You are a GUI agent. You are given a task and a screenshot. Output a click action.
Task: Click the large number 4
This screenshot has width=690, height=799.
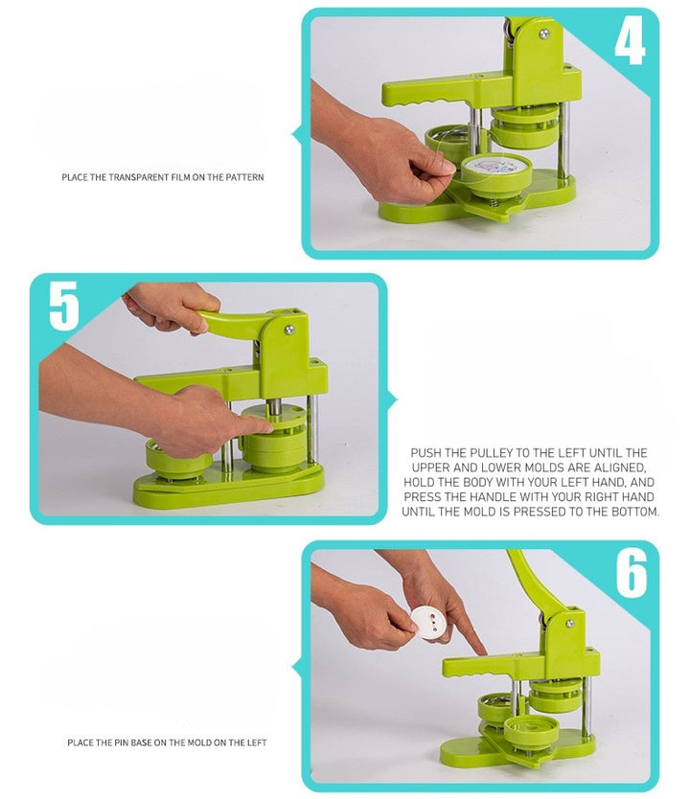[630, 43]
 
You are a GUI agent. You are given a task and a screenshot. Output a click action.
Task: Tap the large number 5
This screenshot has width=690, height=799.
[64, 306]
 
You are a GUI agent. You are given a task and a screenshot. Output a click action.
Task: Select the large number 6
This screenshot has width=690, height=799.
[632, 573]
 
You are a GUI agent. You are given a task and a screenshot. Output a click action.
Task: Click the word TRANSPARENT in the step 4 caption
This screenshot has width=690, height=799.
[139, 177]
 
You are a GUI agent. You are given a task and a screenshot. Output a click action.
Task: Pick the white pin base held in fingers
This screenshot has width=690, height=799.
[428, 622]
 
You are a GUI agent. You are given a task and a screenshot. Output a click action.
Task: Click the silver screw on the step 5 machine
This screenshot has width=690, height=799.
[289, 330]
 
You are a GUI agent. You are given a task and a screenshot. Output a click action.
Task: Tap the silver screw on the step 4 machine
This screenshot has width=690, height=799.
[543, 34]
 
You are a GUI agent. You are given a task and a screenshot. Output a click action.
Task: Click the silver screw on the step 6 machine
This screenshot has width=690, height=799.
[570, 624]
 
